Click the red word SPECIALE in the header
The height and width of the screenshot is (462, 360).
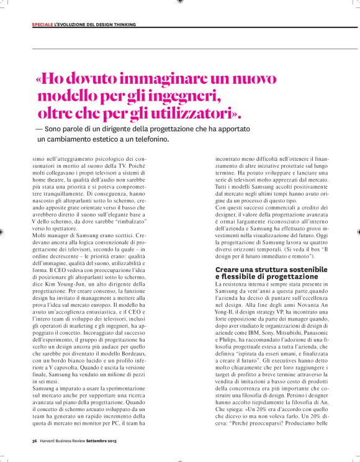(x=42, y=25)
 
